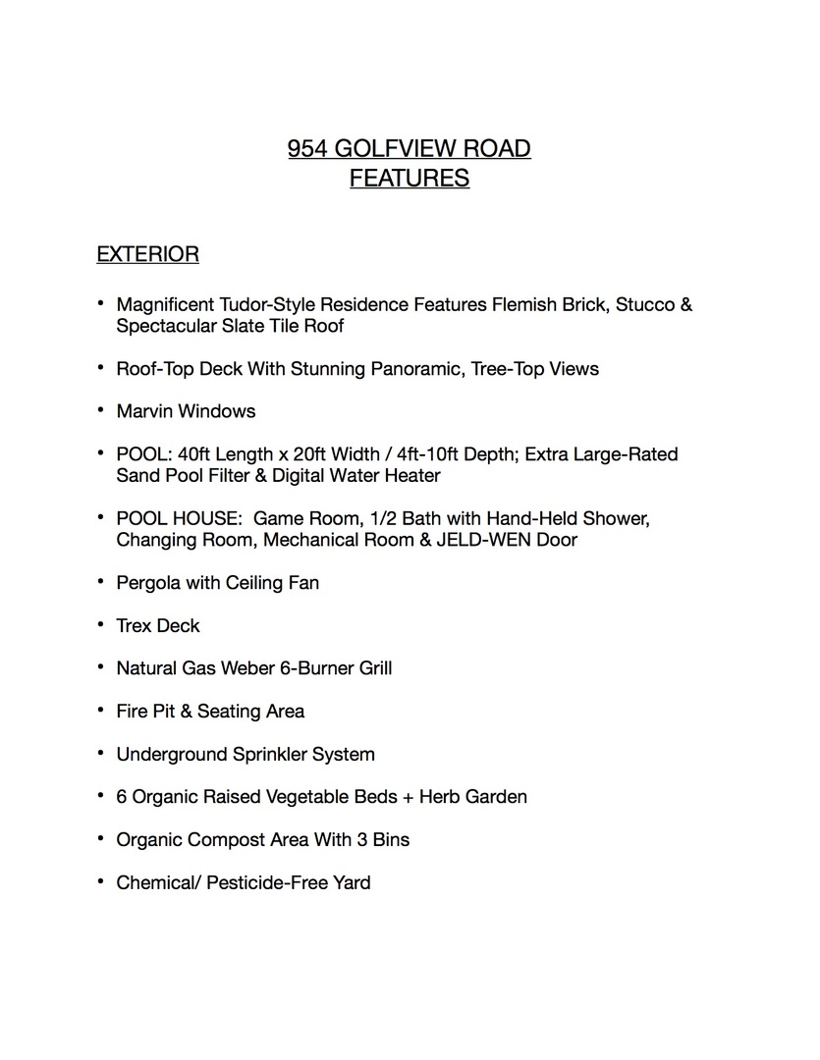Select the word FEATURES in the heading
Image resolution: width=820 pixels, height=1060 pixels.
click(410, 179)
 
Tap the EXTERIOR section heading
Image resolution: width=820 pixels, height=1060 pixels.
click(147, 255)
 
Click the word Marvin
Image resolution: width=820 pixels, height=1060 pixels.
click(144, 411)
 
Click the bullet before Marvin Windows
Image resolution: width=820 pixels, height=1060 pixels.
click(100, 410)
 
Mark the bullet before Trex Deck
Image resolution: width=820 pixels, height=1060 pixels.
click(100, 624)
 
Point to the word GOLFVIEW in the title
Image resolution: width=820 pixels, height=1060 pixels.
click(404, 149)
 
